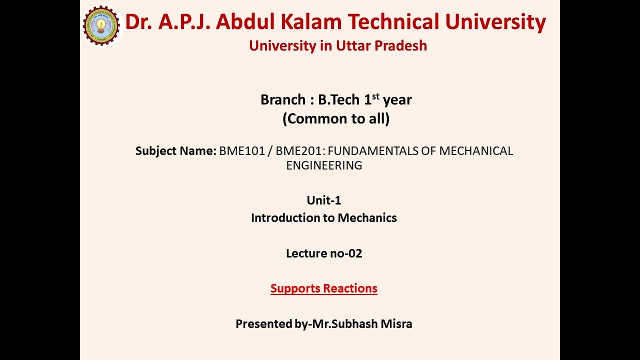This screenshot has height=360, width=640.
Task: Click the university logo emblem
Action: pyautogui.click(x=101, y=25)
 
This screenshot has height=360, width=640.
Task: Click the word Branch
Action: pyautogui.click(x=283, y=100)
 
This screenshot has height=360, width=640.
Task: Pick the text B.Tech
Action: pyautogui.click(x=339, y=100)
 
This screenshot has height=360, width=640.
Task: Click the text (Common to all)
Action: pyautogui.click(x=336, y=119)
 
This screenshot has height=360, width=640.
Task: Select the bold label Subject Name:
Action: pyautogui.click(x=176, y=151)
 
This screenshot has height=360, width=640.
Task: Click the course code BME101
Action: pyautogui.click(x=242, y=151)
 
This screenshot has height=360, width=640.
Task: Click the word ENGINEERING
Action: pyautogui.click(x=324, y=165)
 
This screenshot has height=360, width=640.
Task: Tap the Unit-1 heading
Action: pyautogui.click(x=324, y=200)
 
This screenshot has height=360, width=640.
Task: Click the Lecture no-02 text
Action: pyautogui.click(x=324, y=253)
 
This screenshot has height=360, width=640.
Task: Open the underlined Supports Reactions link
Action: pyautogui.click(x=324, y=288)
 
